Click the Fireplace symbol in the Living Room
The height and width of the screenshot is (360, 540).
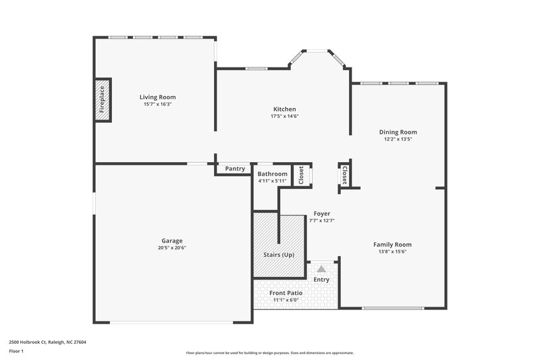click(x=102, y=100)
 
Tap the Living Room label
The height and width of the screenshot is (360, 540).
click(x=157, y=97)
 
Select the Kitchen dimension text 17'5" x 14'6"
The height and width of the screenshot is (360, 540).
click(x=284, y=116)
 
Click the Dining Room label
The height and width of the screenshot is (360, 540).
click(x=398, y=132)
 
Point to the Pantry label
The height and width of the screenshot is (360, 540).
click(x=235, y=169)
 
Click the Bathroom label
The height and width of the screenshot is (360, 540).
click(x=272, y=174)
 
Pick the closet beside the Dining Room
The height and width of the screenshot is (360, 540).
click(x=344, y=175)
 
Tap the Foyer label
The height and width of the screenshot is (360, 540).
click(x=322, y=213)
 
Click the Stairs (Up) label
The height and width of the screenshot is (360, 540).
click(x=279, y=255)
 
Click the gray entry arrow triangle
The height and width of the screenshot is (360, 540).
click(x=321, y=269)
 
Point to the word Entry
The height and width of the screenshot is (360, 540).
click(x=321, y=280)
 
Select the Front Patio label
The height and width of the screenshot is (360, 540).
click(x=286, y=293)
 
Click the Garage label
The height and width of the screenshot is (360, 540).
click(x=171, y=240)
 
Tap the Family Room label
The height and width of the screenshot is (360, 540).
click(x=392, y=245)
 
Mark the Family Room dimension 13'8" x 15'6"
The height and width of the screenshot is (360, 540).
click(x=392, y=252)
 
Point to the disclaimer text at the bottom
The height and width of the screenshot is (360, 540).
click(x=270, y=353)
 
